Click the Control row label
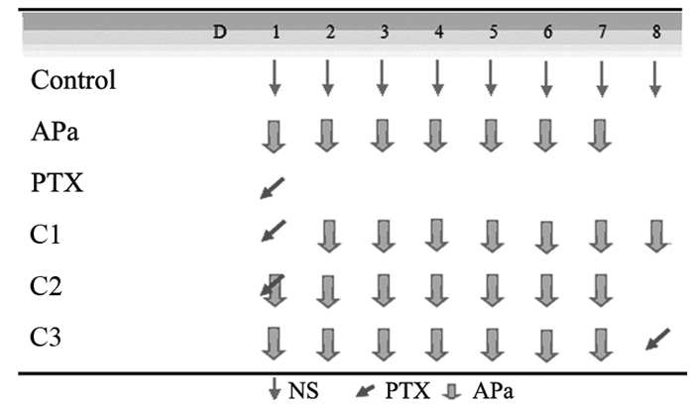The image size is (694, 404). coord(74,80)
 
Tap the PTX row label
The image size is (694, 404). coord(57,185)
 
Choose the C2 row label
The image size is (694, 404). coord(48,289)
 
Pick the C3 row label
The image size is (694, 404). coord(48,341)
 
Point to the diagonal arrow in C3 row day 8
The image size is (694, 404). coord(654,340)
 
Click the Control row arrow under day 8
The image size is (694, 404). coord(654,80)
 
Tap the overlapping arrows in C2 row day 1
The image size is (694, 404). coord(274,289)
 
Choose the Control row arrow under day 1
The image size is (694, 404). coord(275,80)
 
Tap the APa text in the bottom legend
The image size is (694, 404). coord(493,390)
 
